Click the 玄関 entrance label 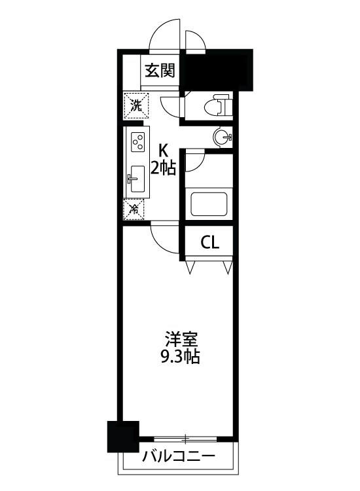[x=160, y=70]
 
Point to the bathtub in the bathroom [x=209, y=204]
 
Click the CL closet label [x=209, y=243]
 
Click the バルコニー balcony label [x=177, y=456]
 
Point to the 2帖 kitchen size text [x=163, y=169]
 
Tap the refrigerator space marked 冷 [x=134, y=209]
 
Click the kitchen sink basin [x=137, y=177]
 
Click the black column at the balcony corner [x=123, y=437]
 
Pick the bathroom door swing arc [x=194, y=162]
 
